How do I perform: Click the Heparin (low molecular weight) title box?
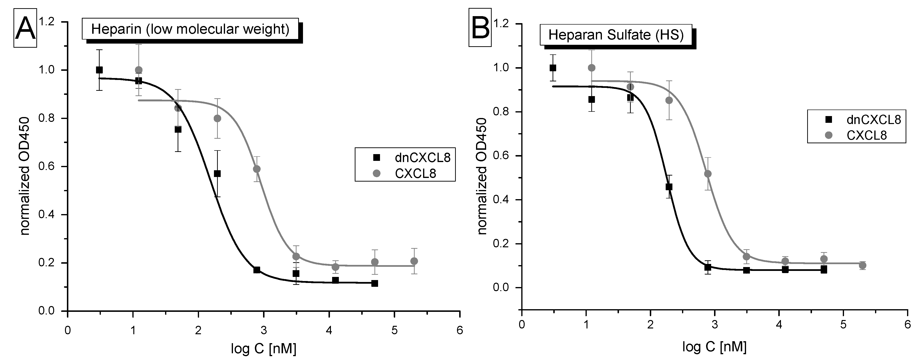[x=190, y=29]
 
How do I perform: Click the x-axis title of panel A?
[x=263, y=349]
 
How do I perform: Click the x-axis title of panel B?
[x=714, y=347]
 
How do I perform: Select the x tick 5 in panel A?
[x=394, y=331]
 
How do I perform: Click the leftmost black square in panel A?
[x=99, y=70]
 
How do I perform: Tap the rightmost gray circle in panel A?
[x=414, y=261]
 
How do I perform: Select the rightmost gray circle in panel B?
[x=862, y=265]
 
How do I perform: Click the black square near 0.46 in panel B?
[x=669, y=187]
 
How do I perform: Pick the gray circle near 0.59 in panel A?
[x=257, y=169]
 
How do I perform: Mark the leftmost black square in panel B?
[x=553, y=68]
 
